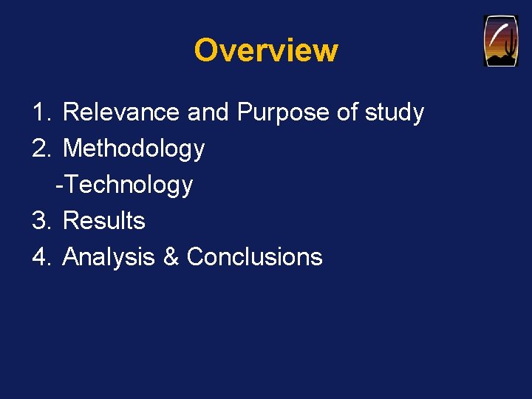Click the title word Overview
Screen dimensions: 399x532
pyautogui.click(x=266, y=50)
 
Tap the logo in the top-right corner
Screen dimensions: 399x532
pyautogui.click(x=501, y=41)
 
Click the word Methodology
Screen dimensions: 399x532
pyautogui.click(x=134, y=149)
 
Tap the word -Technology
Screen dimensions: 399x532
pyautogui.click(x=124, y=185)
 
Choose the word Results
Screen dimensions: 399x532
pyautogui.click(x=104, y=220)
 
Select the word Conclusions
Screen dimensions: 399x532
pyautogui.click(x=254, y=256)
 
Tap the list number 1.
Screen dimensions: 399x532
pyautogui.click(x=40, y=112)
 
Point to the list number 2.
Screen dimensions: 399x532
pyautogui.click(x=40, y=149)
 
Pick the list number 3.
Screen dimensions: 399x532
pyautogui.click(x=40, y=220)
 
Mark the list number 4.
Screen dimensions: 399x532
pyautogui.click(x=40, y=256)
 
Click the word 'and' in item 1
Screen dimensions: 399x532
pyautogui.click(x=208, y=112)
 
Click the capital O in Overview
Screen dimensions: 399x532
pyautogui.click(x=205, y=50)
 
